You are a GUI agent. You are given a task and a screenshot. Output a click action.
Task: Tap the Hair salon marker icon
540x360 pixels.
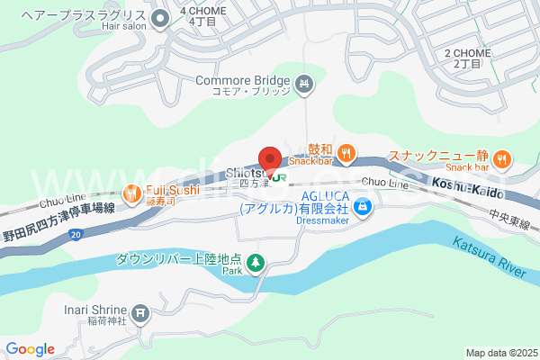tap(161, 17)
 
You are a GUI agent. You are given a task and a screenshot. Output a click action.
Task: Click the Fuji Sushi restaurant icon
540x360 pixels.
tap(131, 192)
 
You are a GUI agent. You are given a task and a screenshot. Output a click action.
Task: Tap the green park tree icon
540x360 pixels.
tap(256, 262)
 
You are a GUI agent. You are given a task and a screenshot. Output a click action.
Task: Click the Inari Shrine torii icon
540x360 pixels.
tap(140, 313)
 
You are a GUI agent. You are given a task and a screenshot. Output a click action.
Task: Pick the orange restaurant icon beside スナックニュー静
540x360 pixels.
tap(502, 158)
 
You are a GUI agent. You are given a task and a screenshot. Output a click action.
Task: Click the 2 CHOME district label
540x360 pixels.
tap(466, 58)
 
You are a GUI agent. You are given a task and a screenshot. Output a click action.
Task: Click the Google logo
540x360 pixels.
tap(30, 349)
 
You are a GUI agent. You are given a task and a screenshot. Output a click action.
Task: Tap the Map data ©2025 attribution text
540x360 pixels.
tap(501, 353)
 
